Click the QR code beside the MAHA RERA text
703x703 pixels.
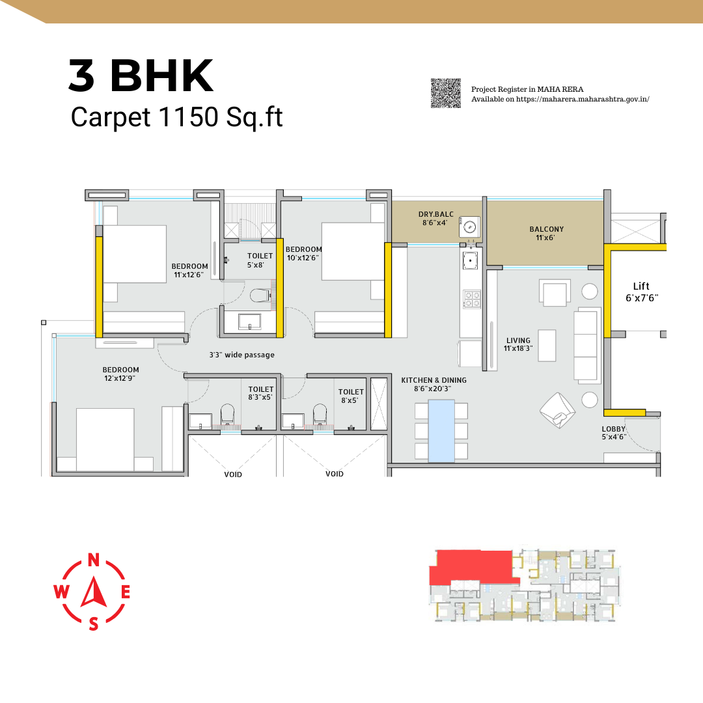point(446,93)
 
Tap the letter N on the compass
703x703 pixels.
point(93,560)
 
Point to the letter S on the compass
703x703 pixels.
point(93,624)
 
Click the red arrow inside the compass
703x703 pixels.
point(94,592)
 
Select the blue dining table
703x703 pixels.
point(441,431)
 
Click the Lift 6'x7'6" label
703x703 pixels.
point(641,292)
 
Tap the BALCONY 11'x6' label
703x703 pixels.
point(546,233)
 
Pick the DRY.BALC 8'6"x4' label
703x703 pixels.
point(435,218)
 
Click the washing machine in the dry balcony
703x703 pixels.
point(469,227)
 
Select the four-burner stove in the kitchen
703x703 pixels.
point(472,299)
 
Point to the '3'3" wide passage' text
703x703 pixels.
point(241,355)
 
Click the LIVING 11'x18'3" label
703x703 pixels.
point(518,344)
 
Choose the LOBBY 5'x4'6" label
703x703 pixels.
point(613,433)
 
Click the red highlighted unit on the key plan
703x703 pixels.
point(473,567)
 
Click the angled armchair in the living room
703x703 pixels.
point(558,410)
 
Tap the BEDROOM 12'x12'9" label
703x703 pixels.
point(120,374)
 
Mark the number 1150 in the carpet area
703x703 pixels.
point(188,117)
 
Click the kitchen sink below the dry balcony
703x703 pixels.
point(470,260)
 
